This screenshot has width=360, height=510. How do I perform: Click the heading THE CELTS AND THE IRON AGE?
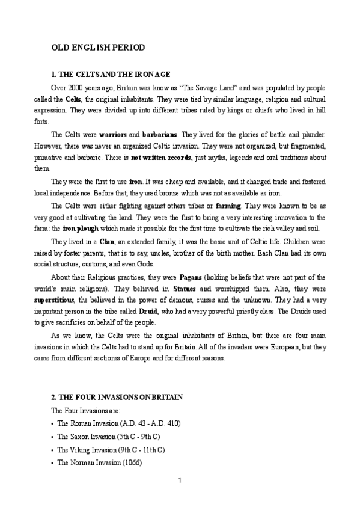(112, 74)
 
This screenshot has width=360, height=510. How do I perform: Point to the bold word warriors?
(112, 134)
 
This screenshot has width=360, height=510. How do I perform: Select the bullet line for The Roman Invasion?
(118, 423)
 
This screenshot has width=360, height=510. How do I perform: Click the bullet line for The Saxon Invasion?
(108, 437)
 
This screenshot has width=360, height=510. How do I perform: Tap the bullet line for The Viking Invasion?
(111, 449)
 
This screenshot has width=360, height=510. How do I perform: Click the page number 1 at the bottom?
(180, 480)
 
